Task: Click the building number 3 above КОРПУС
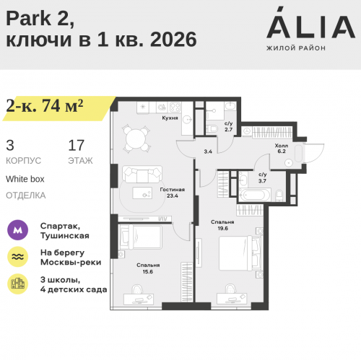[10, 145]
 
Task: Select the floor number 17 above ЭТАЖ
[76, 145]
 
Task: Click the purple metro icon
[17, 231]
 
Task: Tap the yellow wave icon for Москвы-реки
[17, 258]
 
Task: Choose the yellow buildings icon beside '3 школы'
[17, 284]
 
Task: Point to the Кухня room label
[170, 116]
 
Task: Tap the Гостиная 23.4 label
[173, 192]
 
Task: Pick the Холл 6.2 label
[282, 148]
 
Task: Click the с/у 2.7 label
[228, 126]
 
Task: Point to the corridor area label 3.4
[208, 152]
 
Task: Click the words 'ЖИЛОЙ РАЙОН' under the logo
[296, 48]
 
